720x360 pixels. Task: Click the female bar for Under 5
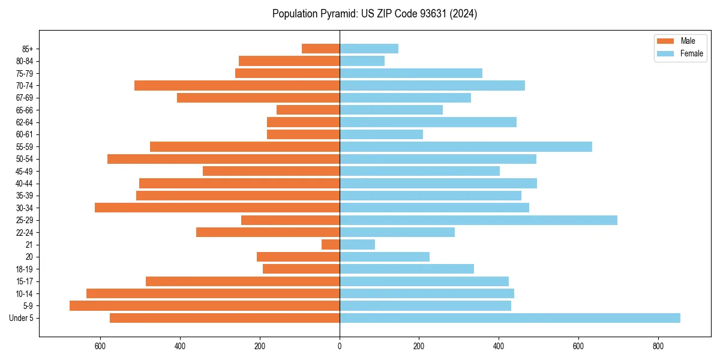[510, 318]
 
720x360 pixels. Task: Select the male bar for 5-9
[204, 305]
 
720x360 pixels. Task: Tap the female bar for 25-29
[478, 220]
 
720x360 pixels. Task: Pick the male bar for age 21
[331, 245]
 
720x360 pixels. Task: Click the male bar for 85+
[320, 49]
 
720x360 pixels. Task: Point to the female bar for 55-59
[466, 146]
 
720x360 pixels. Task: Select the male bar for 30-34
[217, 208]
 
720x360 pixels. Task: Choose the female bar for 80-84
[362, 61]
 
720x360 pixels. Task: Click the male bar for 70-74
[237, 85]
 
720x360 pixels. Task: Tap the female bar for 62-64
[428, 122]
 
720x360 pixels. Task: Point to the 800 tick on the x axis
[658, 346]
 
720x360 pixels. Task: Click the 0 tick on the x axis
[340, 346]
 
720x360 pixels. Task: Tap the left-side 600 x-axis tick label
[100, 346]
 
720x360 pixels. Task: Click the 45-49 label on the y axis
[25, 171]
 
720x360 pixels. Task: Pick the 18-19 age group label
[25, 269]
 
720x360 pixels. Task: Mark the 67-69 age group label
[25, 98]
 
